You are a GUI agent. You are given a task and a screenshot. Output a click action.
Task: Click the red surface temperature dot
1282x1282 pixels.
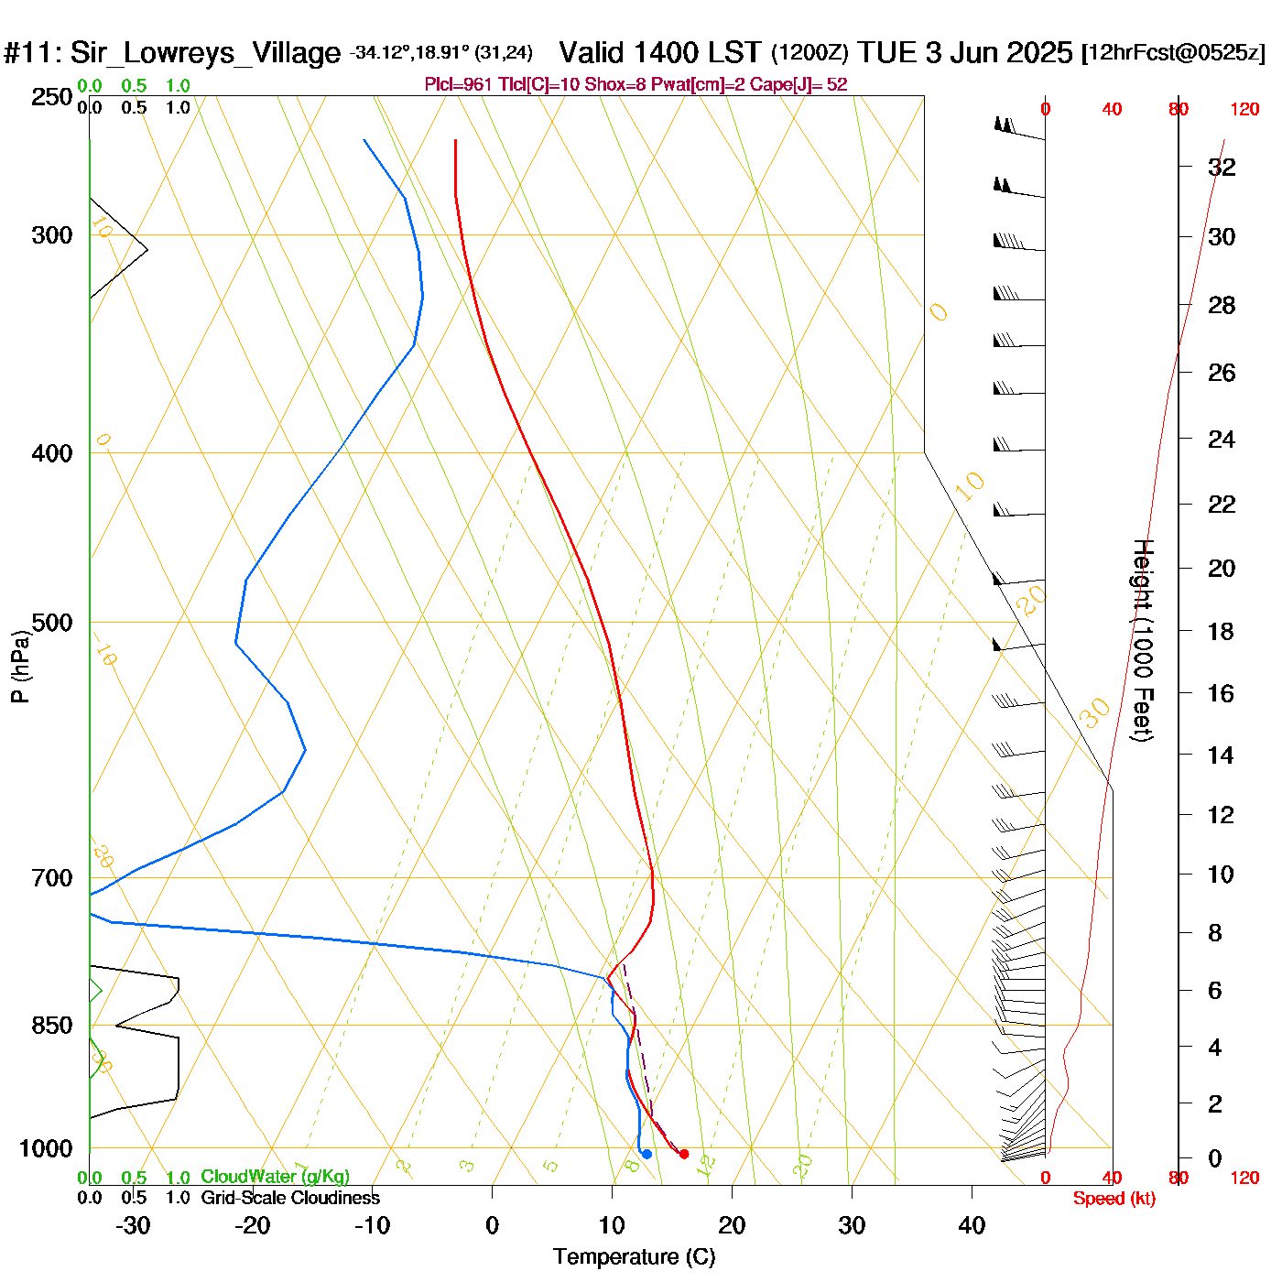coord(684,1154)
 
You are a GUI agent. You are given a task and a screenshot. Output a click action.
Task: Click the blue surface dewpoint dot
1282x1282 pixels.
coord(646,1154)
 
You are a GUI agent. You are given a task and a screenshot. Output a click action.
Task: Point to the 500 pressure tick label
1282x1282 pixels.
coord(52,623)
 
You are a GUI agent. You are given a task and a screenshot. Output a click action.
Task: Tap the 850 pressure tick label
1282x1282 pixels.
coord(52,1026)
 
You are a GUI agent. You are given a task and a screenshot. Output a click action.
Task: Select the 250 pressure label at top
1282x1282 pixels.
coord(52,97)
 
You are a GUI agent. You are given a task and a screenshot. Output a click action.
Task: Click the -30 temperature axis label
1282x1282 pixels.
coord(133,1225)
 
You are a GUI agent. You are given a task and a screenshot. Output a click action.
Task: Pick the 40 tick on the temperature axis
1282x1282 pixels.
coord(972,1225)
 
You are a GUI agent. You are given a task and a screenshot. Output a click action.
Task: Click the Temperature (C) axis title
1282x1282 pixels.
coord(634,1257)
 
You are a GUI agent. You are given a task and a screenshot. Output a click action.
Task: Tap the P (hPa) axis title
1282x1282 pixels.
coord(20,667)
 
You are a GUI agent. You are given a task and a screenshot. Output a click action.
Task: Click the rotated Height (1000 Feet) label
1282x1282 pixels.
coord(1142,640)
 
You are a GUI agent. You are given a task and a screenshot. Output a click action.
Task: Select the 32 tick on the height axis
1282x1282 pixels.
coord(1222,168)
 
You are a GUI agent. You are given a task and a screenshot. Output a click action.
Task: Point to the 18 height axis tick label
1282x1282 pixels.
coord(1221,631)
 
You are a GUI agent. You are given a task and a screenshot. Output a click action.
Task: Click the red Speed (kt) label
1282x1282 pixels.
coord(1114,1199)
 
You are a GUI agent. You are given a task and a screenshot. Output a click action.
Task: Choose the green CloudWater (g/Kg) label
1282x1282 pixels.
coord(275,1177)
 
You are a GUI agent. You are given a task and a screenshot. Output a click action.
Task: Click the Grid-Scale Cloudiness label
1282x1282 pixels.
coord(290,1198)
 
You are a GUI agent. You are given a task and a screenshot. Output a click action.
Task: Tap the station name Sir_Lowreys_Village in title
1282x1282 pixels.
coord(205,53)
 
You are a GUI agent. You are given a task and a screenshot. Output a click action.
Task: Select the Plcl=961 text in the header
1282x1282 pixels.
coord(458,85)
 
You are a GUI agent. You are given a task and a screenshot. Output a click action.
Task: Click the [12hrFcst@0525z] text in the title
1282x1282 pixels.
coord(1173,53)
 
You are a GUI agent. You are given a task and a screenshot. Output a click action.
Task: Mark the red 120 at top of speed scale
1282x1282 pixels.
coord(1244,110)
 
